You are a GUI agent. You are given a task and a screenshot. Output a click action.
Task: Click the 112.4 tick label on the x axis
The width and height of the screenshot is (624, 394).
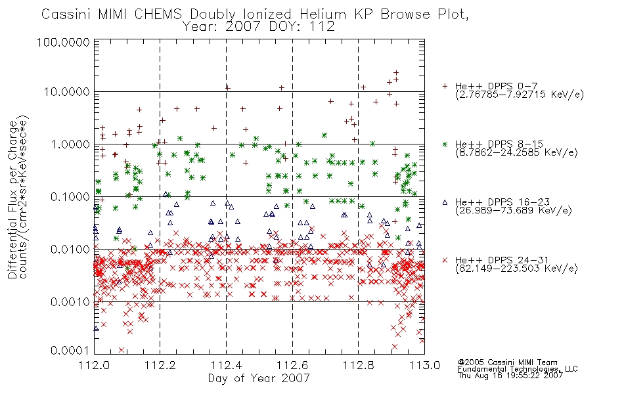pos(226,365)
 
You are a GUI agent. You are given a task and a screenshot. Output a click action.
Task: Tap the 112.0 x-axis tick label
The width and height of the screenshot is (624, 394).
pos(94,365)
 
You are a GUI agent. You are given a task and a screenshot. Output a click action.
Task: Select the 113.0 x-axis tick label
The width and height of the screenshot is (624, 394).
pos(424,365)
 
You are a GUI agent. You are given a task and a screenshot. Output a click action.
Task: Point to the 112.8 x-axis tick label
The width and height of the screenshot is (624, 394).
pos(358,365)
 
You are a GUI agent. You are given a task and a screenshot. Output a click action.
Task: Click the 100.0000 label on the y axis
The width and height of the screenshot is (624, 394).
pos(63,42)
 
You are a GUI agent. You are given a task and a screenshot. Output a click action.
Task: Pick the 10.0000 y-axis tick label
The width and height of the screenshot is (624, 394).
pos(66,92)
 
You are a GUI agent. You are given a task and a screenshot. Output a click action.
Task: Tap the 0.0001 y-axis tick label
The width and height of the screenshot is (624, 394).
pos(70,351)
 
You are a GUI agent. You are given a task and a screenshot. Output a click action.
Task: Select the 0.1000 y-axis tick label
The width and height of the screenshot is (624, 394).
pos(70,197)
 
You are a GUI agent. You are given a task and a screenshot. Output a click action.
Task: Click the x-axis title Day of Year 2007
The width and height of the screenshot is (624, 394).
pos(259,378)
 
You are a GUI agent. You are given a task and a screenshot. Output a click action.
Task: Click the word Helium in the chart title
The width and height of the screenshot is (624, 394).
pos(323,14)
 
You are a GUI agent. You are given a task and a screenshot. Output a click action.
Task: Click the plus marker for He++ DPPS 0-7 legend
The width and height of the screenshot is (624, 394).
pos(445,86)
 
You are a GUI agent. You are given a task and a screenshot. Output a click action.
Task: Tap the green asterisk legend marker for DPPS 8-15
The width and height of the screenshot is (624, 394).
pos(445,144)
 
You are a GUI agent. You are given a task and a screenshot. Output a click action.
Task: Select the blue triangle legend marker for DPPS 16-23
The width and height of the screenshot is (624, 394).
pos(445,202)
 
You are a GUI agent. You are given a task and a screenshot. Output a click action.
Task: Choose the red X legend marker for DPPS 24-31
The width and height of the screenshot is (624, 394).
pos(445,260)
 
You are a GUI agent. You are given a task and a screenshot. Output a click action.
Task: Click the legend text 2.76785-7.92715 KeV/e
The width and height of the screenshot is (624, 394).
pos(520,95)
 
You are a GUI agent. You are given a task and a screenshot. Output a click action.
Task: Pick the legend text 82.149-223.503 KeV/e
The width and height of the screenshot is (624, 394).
pos(516,269)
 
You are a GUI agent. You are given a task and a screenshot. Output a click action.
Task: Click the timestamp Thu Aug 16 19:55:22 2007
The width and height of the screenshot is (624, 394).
pos(510,376)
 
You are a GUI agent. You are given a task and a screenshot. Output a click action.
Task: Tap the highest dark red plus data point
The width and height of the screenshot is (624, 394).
pos(396,73)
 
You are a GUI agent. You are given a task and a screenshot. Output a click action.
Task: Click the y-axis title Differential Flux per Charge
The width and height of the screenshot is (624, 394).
pos(12,199)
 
